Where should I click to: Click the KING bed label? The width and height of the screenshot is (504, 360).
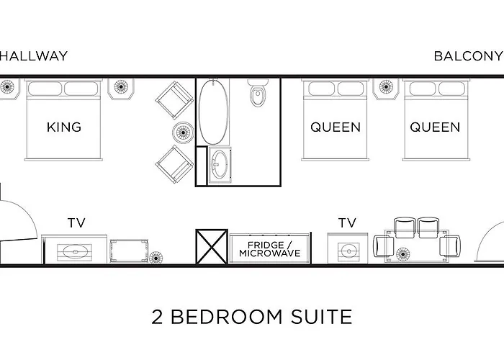(63, 127)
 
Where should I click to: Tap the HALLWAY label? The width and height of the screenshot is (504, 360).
(34, 56)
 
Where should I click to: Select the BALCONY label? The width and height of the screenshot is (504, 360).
(467, 56)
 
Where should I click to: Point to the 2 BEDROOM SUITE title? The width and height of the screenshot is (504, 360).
(252, 316)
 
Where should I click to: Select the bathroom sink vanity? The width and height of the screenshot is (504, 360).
(219, 164)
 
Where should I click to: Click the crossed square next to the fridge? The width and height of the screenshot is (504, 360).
(212, 248)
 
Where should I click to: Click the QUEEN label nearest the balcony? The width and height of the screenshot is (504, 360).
(435, 127)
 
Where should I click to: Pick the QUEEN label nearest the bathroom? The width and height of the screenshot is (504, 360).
(336, 127)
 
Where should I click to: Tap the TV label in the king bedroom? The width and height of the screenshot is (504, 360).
(76, 222)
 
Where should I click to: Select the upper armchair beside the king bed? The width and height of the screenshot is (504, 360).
(174, 99)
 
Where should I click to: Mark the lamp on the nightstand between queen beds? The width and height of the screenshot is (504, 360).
(387, 88)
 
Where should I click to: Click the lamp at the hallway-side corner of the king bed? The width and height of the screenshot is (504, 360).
(9, 88)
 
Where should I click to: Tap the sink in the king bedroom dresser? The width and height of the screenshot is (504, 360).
(75, 252)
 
